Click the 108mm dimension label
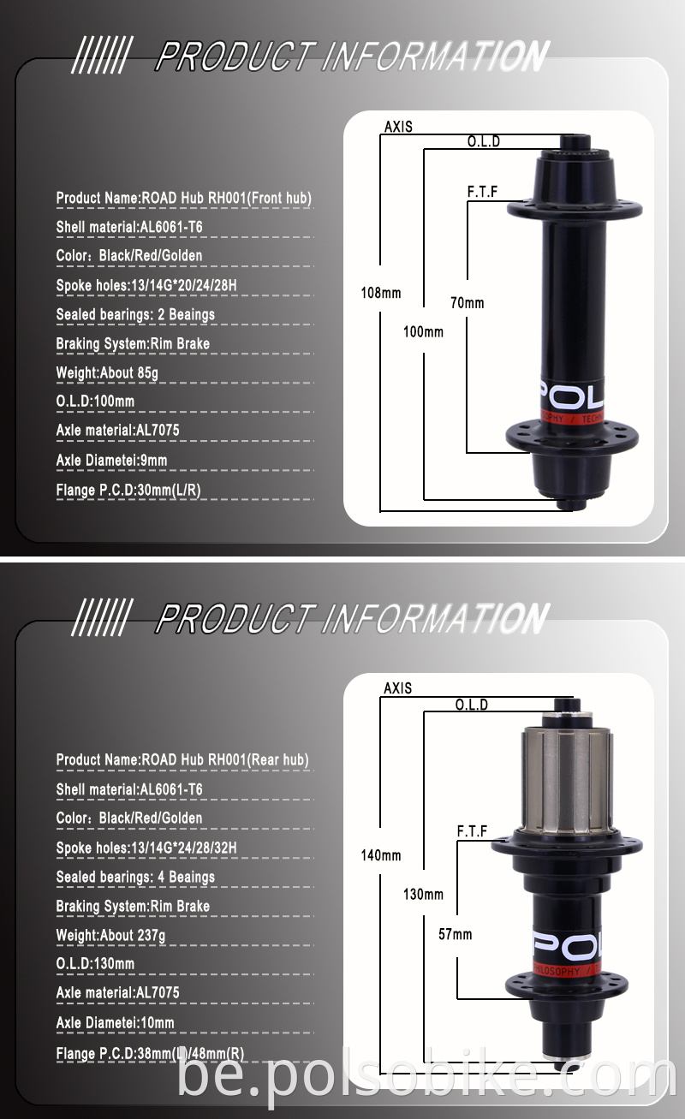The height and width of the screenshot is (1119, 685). (x=380, y=293)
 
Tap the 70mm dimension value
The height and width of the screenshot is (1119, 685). (x=468, y=302)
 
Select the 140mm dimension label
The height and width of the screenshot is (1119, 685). (x=380, y=855)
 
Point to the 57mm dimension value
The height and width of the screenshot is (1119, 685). (x=455, y=934)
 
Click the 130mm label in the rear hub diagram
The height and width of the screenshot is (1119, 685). (x=423, y=895)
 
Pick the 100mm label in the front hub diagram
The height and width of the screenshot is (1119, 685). (x=423, y=331)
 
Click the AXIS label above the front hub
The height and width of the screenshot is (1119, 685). (x=397, y=127)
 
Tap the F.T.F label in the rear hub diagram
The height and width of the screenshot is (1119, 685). (x=472, y=830)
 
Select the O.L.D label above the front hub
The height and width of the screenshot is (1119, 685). (x=483, y=141)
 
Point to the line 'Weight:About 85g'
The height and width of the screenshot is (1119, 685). (x=107, y=372)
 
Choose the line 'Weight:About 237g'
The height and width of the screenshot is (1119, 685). (x=110, y=935)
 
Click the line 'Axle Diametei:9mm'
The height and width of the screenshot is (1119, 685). (x=111, y=461)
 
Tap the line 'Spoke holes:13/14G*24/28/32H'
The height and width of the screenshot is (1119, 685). (x=146, y=848)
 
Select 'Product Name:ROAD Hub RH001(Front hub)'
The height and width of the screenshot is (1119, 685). (x=183, y=198)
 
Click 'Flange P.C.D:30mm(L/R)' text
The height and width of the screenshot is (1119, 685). (x=128, y=490)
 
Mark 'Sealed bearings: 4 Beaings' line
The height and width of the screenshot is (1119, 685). (x=135, y=877)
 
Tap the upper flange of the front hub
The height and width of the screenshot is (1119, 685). (x=575, y=209)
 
